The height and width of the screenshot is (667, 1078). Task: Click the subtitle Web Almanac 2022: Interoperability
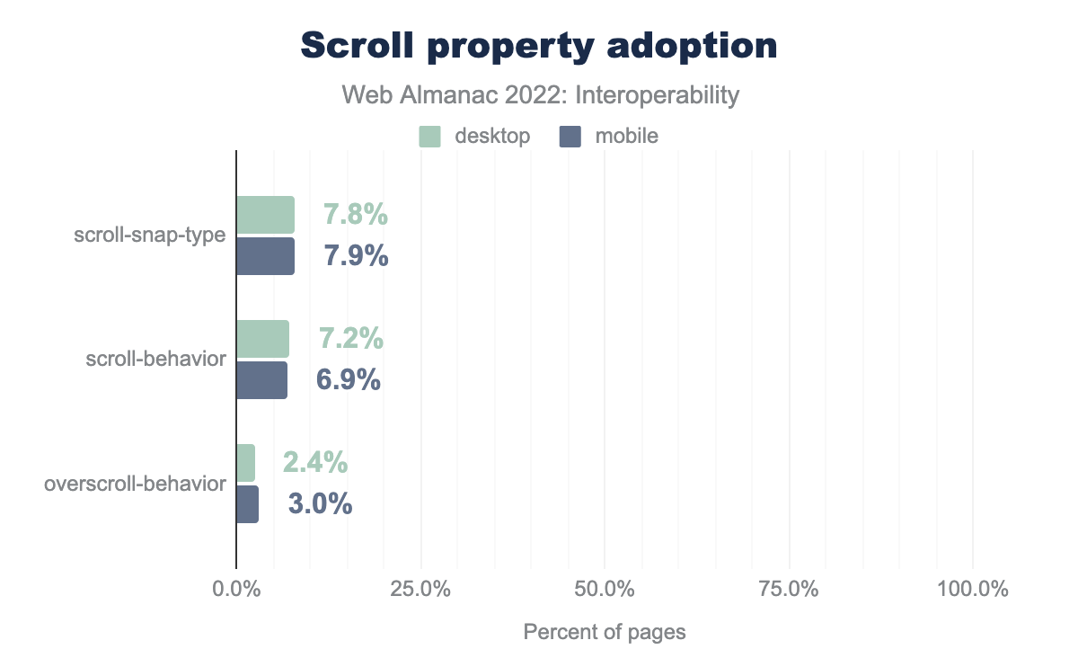tap(539, 95)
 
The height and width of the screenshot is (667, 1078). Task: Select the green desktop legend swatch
tap(430, 137)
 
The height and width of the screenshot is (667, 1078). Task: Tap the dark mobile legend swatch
tap(570, 137)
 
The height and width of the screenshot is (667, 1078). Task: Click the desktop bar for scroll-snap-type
tap(265, 215)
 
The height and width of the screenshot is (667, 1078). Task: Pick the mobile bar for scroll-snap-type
tap(265, 256)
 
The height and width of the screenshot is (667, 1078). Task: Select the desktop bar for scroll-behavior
tap(262, 339)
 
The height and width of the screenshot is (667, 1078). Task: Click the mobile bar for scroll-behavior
tap(261, 380)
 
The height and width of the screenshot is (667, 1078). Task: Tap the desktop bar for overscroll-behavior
tap(245, 463)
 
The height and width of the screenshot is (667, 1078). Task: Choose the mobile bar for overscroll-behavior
tap(247, 504)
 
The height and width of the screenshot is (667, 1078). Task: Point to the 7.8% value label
tap(356, 216)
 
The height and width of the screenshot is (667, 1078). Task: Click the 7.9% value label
tap(356, 256)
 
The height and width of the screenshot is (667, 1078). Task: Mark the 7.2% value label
tap(351, 339)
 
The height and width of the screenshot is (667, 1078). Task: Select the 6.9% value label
tap(349, 380)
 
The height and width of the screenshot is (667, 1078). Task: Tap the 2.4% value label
tap(315, 463)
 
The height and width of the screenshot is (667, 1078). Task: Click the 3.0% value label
tap(320, 504)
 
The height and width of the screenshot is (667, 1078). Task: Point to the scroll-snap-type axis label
tap(149, 236)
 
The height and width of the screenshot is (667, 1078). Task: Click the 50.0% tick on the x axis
tap(605, 591)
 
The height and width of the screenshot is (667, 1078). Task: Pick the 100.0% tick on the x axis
tap(973, 591)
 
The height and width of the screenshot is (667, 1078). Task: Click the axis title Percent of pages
tap(605, 633)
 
